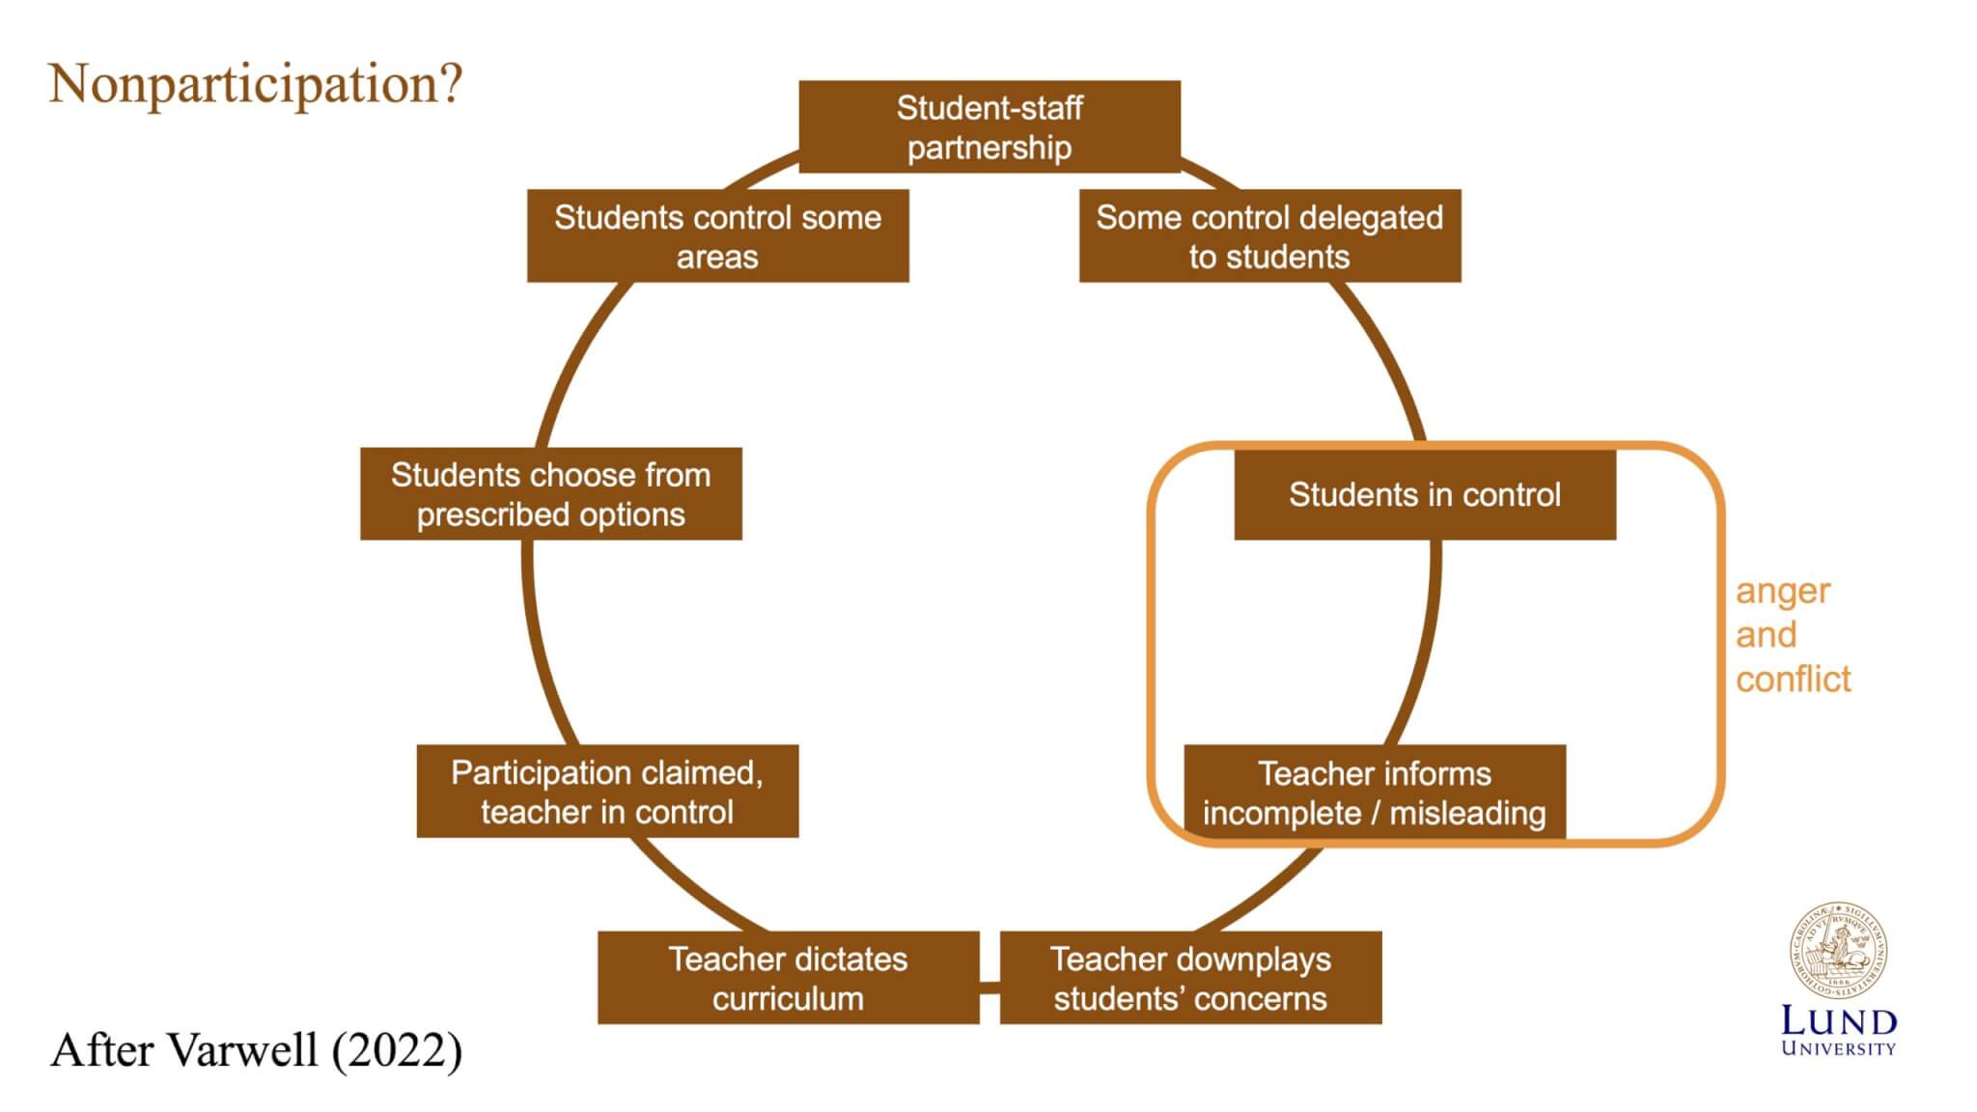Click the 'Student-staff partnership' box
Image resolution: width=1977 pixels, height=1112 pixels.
coord(989,126)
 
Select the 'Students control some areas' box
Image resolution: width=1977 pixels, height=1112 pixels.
coord(717,236)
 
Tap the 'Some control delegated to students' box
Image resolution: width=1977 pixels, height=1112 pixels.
coord(1269,236)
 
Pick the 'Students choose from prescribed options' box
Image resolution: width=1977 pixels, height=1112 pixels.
coord(550,493)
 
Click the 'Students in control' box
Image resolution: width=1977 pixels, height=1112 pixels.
coord(1424,494)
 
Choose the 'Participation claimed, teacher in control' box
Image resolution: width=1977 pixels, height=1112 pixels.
coord(607,791)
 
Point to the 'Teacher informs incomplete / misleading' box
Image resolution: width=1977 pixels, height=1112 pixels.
coord(1375,792)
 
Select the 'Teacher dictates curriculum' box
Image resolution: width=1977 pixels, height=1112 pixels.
coord(788,977)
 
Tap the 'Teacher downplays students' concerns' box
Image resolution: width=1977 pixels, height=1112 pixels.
coord(1190,977)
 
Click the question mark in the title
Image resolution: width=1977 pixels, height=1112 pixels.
coord(451,83)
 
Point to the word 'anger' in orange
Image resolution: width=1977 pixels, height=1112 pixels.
coord(1782,591)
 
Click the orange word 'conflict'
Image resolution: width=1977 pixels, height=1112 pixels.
coord(1793,679)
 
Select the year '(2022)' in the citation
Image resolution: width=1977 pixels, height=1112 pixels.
coord(397,1050)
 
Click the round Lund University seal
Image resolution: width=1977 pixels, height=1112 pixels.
coord(1838,951)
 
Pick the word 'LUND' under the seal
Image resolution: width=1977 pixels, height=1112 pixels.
coord(1838,1020)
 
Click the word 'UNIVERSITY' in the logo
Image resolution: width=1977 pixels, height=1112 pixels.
coord(1838,1048)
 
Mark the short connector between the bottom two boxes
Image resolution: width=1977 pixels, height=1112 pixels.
coord(989,987)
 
